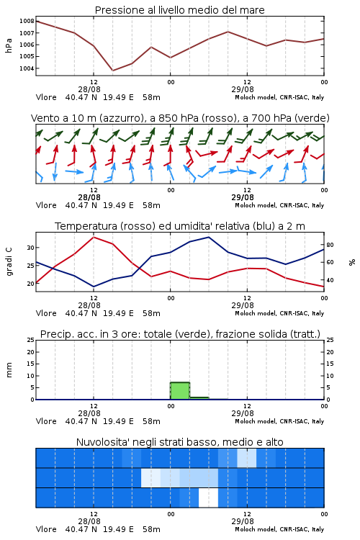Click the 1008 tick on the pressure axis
[x=27, y=21]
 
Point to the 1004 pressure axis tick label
[x=27, y=68]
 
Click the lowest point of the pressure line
[x=112, y=71]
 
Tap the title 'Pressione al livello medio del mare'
[x=180, y=10]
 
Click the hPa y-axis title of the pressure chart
[x=9, y=45]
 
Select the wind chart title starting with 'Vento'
[x=180, y=118]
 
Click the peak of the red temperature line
[x=94, y=237]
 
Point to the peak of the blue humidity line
[x=208, y=237]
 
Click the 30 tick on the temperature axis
[x=31, y=248]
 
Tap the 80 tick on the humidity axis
[x=330, y=245]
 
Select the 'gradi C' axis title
[x=9, y=261]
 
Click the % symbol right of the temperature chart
[x=352, y=262]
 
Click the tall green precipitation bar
[x=180, y=391]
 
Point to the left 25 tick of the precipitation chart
[x=31, y=340]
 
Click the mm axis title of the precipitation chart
[x=9, y=370]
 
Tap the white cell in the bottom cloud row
[x=208, y=498]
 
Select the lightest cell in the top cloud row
[x=247, y=458]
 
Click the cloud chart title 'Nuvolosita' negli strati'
[x=148, y=442]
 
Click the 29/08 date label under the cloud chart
[x=243, y=521]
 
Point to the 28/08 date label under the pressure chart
[x=89, y=89]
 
